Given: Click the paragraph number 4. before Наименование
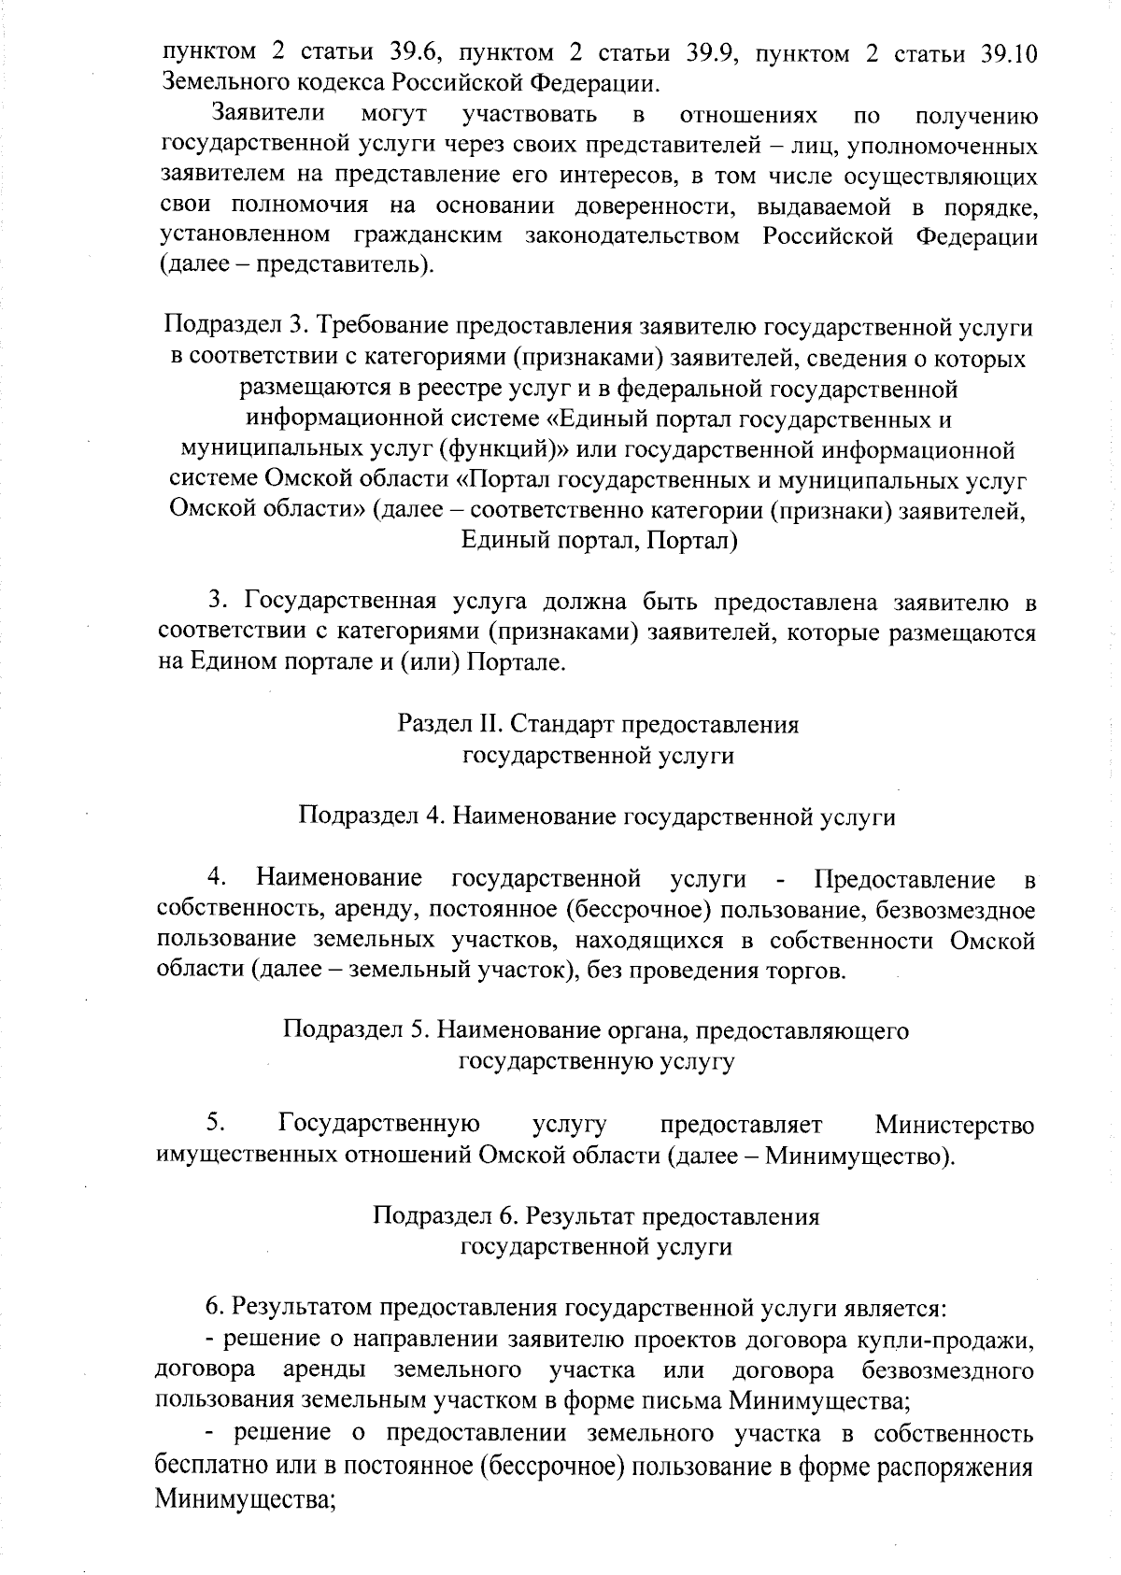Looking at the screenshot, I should tap(219, 879).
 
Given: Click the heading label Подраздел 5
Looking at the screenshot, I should tap(356, 1030).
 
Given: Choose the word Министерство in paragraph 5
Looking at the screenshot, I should tap(955, 1125).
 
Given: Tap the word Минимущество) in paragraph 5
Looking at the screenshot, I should tap(859, 1156).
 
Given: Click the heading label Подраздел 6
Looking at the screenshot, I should tap(445, 1216).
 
